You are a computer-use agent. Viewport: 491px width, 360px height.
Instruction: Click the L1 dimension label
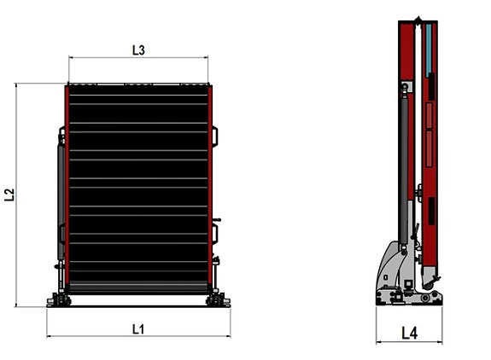[138, 329]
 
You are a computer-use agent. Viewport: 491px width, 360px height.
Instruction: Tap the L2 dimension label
[10, 195]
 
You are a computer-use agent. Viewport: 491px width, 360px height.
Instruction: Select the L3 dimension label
[138, 50]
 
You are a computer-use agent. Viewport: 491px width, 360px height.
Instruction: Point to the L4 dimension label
[410, 333]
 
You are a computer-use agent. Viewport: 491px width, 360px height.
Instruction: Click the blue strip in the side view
[429, 49]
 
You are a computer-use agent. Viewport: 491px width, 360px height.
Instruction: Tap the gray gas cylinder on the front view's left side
[61, 201]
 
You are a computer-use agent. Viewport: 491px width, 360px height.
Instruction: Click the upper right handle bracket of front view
[215, 136]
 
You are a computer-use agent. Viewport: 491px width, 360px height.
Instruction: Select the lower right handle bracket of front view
[215, 233]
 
